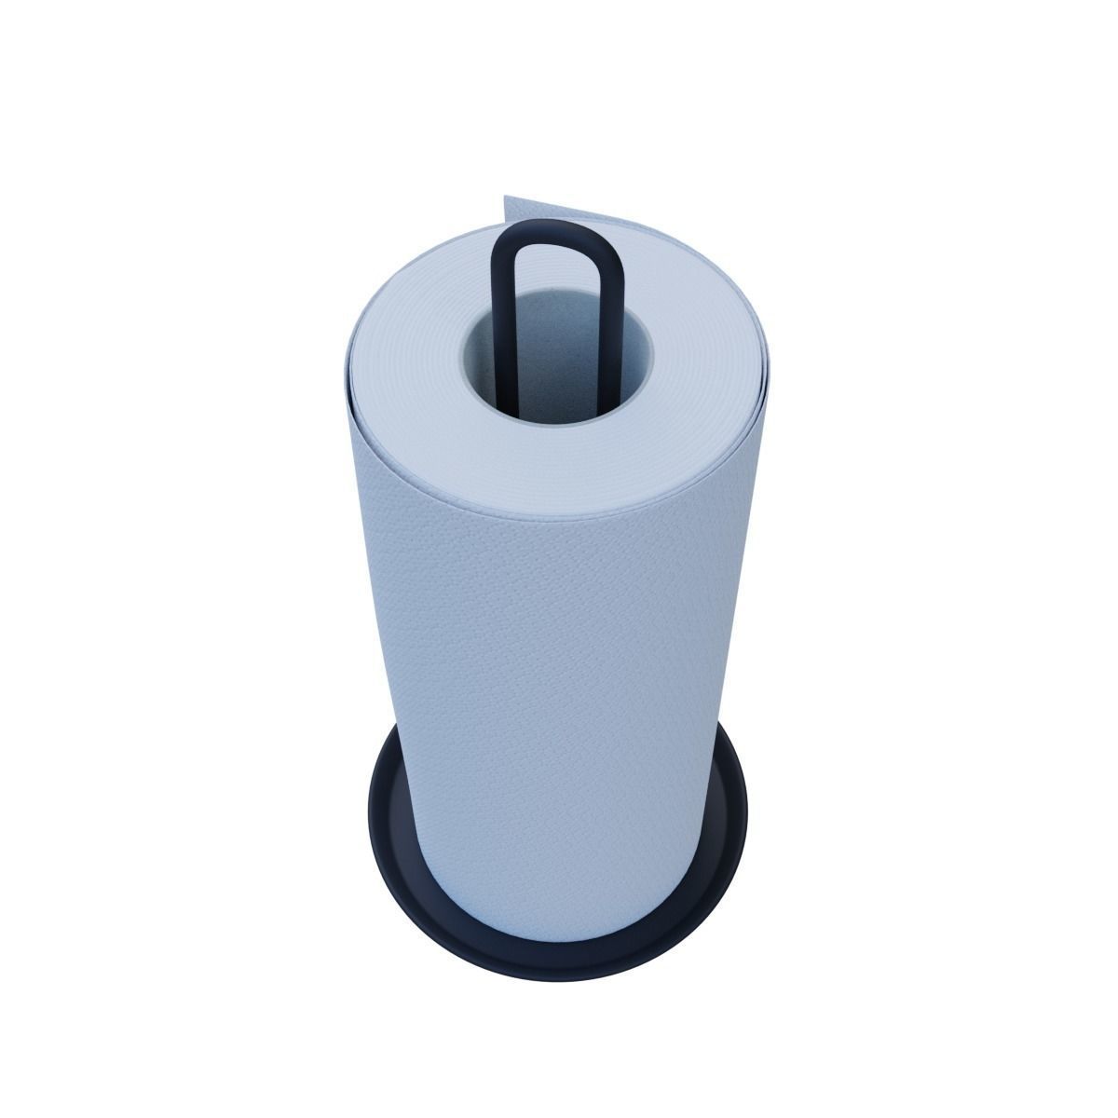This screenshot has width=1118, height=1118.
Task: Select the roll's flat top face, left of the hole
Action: (x=410, y=373)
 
